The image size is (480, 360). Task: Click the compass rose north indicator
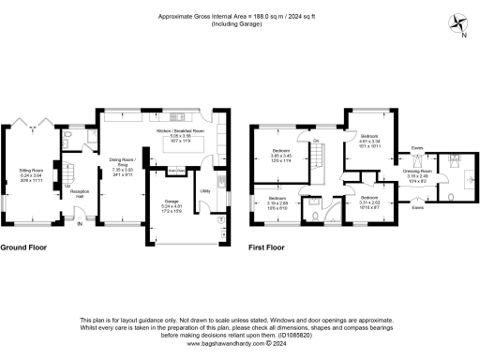point(456,22)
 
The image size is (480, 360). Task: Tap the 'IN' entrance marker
point(80,223)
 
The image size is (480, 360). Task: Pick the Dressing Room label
point(417,172)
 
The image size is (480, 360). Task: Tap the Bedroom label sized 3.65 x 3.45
point(281,150)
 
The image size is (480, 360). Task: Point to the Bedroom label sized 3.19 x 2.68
point(277,199)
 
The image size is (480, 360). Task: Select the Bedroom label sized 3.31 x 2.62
point(368,199)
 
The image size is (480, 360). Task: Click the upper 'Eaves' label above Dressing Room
point(417,147)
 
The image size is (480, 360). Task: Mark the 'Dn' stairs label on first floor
point(317,141)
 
